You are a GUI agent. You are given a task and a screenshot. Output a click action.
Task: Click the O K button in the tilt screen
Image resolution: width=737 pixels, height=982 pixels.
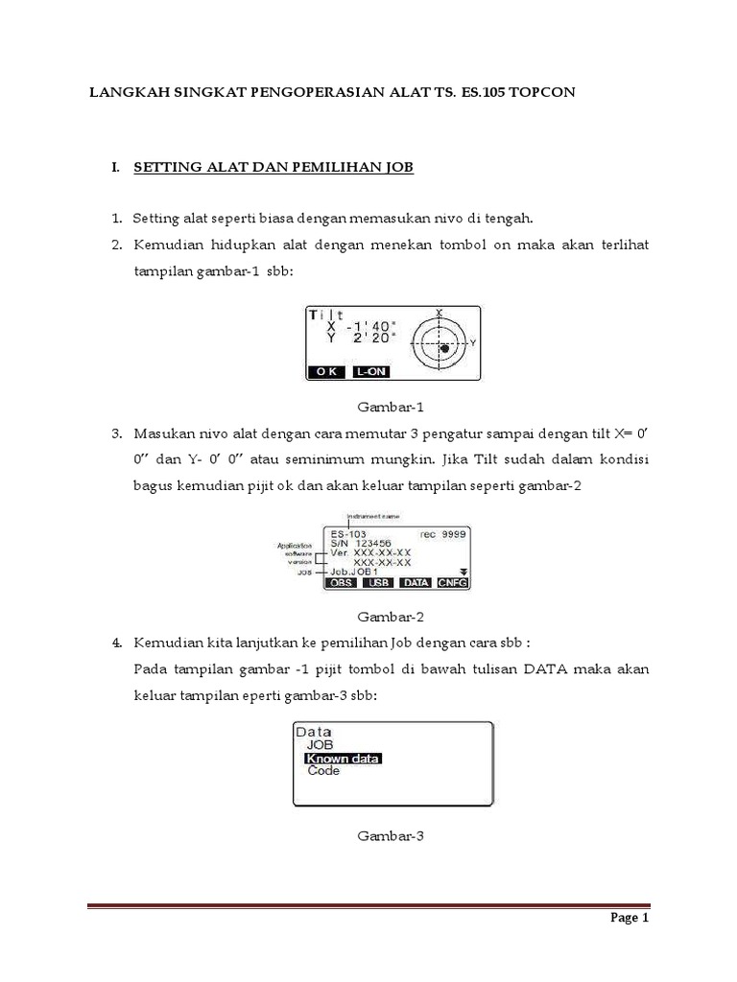click(x=324, y=371)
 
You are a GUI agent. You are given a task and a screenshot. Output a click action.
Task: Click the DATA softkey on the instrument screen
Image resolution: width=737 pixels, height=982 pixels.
click(x=416, y=582)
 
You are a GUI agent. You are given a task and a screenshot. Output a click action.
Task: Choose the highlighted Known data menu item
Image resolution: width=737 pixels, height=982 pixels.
click(x=343, y=758)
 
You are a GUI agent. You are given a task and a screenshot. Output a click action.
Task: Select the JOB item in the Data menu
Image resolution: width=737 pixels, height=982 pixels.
click(x=321, y=744)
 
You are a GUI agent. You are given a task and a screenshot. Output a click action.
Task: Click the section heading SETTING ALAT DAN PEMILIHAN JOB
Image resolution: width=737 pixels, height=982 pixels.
click(x=273, y=168)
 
